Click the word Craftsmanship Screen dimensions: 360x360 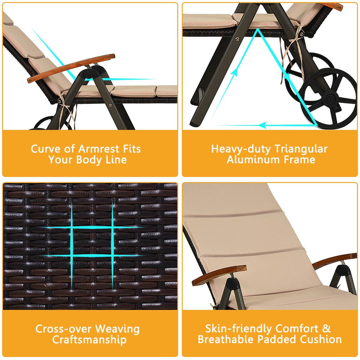click(89, 340)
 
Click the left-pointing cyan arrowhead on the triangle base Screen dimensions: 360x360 click(262, 124)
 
